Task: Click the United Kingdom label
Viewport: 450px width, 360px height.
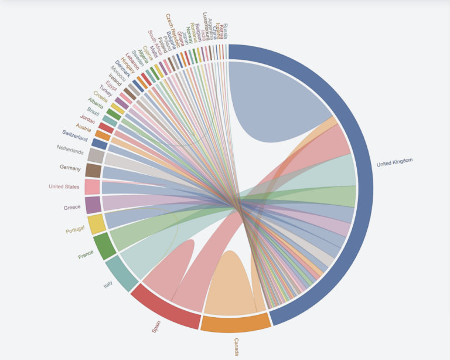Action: coord(395,162)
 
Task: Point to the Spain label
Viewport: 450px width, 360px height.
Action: coord(156,327)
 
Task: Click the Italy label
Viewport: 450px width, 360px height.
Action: coord(108,286)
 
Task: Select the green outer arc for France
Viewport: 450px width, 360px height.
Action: coord(104,247)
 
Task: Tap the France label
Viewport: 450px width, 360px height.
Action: coord(86,256)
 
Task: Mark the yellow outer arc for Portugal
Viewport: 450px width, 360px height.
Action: coord(96,225)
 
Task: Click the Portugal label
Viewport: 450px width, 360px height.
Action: coord(75,230)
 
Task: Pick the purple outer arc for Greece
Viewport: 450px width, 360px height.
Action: coord(93,205)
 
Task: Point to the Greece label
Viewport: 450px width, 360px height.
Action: coord(72,208)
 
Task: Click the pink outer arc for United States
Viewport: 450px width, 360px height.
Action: coord(92,187)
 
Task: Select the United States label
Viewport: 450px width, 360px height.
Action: coord(64,187)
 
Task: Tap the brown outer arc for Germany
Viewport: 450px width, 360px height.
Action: coord(93,171)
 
